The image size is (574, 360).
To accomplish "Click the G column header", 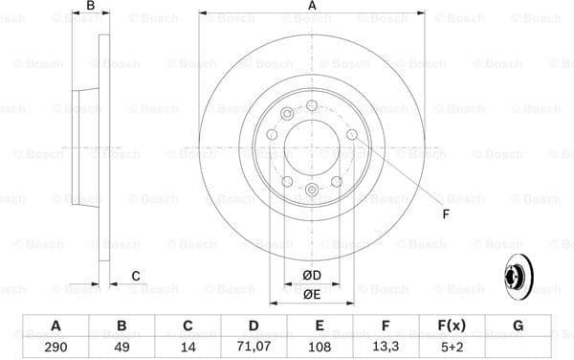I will point(519,326).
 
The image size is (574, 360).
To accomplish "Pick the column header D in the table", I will point(254,326).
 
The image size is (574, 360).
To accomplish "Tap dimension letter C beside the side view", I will point(136,277).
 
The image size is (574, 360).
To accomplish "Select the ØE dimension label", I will point(312,295).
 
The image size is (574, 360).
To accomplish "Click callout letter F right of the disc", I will point(446,214).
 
